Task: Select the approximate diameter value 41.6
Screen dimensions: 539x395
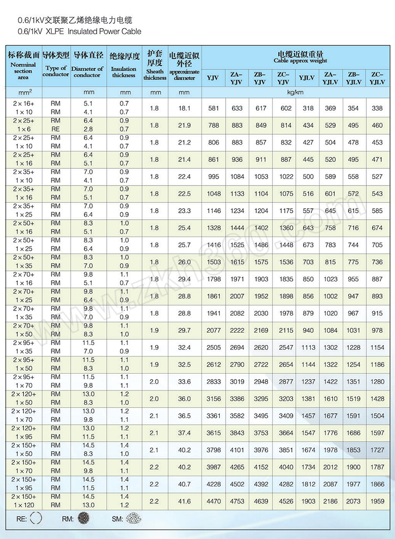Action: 184,501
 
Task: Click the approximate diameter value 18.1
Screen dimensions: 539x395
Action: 184,108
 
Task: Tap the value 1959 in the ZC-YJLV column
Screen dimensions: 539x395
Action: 377,501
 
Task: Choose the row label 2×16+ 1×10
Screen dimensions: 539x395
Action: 23,108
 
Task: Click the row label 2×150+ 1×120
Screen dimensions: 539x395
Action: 23,501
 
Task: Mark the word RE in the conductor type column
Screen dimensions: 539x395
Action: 55,129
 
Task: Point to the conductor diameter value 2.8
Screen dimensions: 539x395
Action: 88,129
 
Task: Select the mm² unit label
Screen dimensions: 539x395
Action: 23,92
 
